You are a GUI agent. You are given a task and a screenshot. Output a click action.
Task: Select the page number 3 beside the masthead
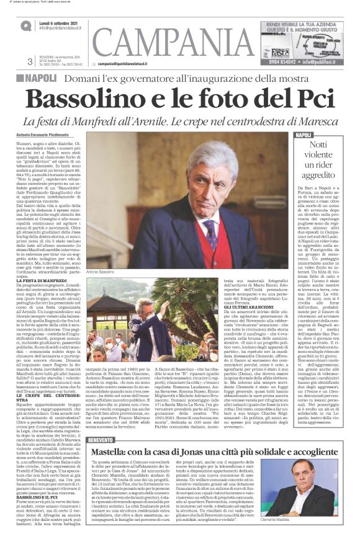point(30,60)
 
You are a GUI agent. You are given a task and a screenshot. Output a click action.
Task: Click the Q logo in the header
point(25,25)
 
